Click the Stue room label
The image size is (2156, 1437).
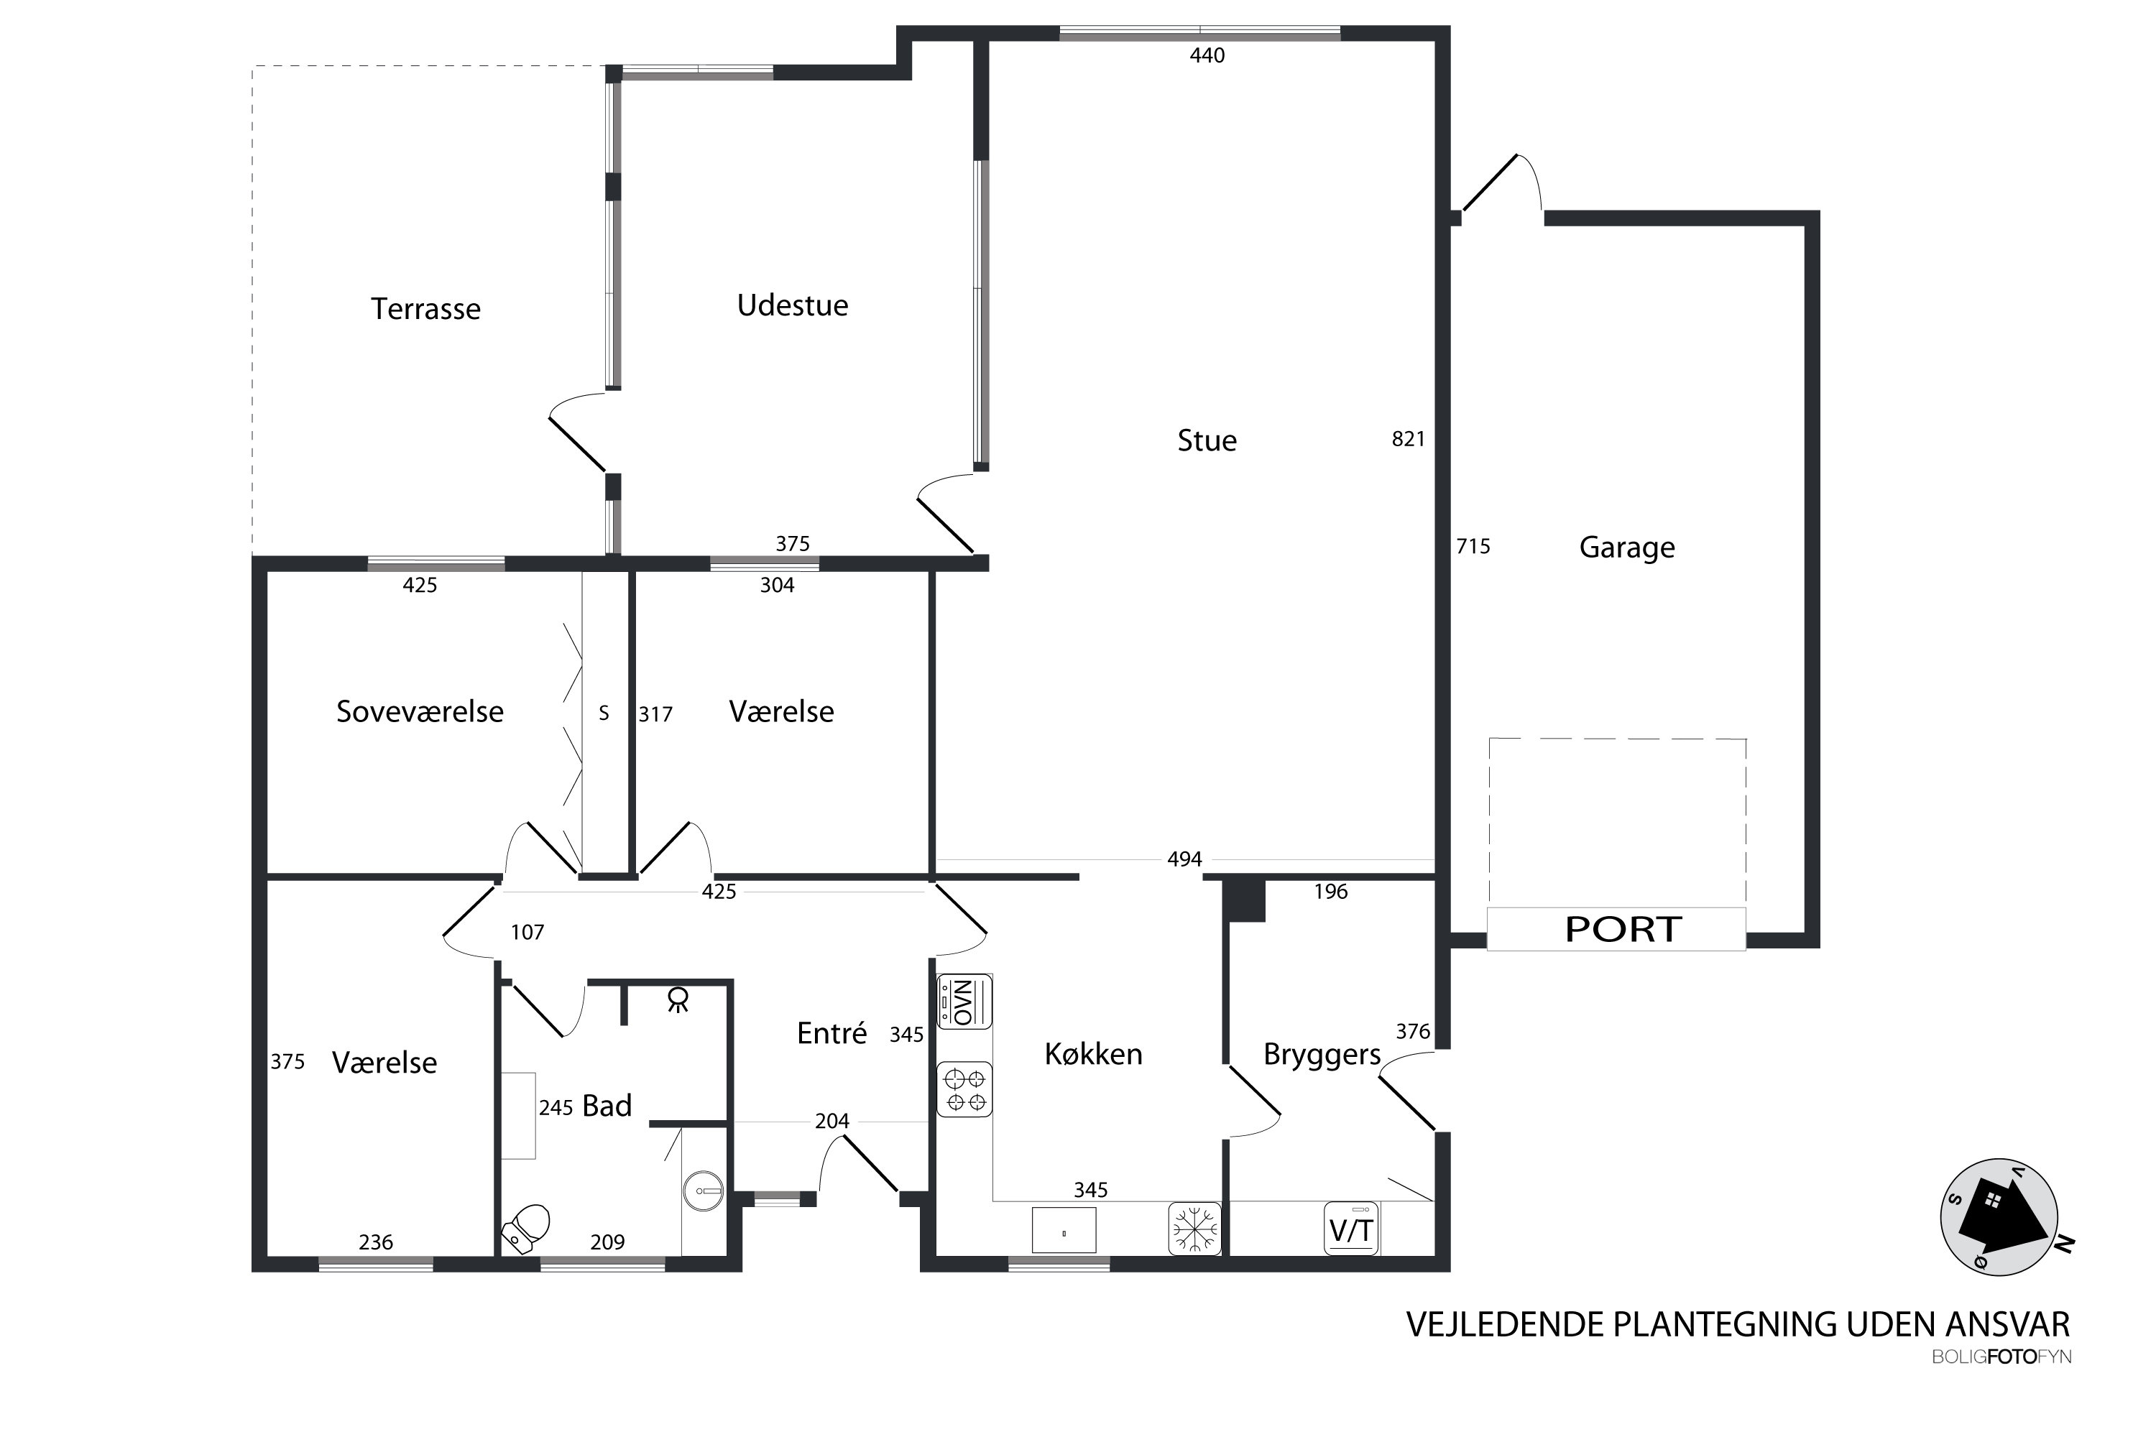1207,441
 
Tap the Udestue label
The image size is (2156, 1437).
793,305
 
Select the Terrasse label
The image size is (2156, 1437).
425,309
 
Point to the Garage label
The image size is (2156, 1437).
1627,547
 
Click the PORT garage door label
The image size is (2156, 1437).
1623,929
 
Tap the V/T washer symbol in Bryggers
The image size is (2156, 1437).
1351,1228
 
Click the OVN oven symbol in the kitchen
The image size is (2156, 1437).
964,1002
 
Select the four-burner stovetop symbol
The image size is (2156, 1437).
964,1090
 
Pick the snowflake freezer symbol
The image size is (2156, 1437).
1194,1228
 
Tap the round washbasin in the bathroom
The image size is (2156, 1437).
703,1191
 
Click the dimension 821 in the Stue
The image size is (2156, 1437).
1408,439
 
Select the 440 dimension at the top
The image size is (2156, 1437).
1207,56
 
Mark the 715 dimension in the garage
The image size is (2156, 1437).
1473,546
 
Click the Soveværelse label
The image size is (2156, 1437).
420,712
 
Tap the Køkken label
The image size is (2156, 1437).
1094,1054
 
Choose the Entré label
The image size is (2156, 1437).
831,1033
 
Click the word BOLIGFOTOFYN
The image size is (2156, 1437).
2001,1357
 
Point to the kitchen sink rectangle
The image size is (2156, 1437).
1064,1230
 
